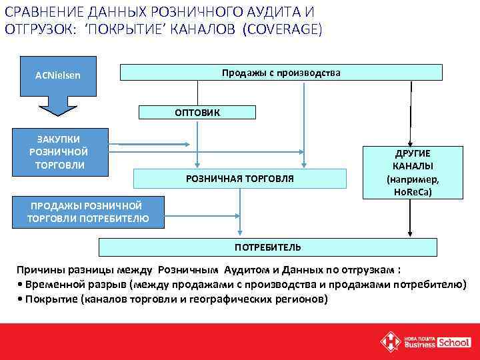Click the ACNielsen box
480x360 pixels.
coord(58,75)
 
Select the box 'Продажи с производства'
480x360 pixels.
coord(281,72)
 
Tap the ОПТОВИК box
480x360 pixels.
coord(197,113)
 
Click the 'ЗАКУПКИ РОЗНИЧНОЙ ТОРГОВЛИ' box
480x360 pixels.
coord(58,152)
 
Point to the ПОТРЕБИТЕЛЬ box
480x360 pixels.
coord(267,247)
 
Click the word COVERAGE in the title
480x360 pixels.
coord(282,29)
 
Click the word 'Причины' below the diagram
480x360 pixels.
coord(39,270)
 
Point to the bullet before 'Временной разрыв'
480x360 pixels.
coord(19,285)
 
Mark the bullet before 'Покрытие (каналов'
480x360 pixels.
coord(19,299)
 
